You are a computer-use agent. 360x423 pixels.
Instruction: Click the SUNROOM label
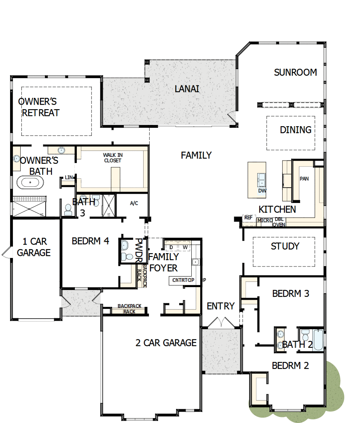click(x=295, y=72)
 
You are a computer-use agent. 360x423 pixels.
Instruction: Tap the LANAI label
click(x=187, y=89)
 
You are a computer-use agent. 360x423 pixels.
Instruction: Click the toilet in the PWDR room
click(x=129, y=256)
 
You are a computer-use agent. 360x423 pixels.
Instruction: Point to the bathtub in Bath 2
click(x=318, y=339)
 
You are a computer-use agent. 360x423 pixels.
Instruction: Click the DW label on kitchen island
click(x=262, y=190)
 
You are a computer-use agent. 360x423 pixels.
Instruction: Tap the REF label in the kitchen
click(x=248, y=218)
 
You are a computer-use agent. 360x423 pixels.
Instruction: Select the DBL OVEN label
click(x=279, y=222)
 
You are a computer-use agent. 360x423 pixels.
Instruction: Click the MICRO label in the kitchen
click(x=265, y=220)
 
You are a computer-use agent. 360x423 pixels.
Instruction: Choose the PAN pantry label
click(x=304, y=178)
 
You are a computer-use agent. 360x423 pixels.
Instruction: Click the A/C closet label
click(x=134, y=203)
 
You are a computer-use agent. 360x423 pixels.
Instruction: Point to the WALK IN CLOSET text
click(x=112, y=158)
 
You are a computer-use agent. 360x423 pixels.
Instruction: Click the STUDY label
click(x=285, y=246)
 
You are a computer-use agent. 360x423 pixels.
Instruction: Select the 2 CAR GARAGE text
click(x=166, y=343)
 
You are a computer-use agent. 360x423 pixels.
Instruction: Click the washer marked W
click(x=185, y=247)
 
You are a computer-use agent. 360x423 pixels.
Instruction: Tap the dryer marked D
click(x=171, y=247)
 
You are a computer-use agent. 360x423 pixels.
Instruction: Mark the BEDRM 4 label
click(x=90, y=241)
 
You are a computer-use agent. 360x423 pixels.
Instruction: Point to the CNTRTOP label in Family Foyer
click(x=183, y=280)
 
